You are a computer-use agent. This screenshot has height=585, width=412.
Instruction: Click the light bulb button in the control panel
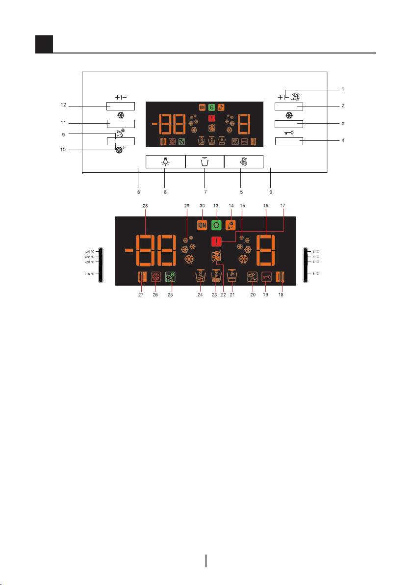point(165,162)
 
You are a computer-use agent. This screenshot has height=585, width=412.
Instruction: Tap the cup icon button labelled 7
point(205,162)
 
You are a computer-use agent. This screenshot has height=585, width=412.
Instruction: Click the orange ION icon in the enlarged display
point(202,225)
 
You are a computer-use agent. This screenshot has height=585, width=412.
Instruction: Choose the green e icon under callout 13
point(216,225)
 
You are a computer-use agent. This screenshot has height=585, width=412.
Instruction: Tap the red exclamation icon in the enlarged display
point(216,241)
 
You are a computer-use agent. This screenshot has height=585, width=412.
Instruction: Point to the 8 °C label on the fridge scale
point(316,274)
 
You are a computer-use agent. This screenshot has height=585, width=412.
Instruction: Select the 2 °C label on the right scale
point(316,251)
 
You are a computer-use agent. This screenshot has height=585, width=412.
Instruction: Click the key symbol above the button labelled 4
point(288,133)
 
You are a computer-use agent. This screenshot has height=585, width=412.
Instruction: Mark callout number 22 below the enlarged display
point(224,295)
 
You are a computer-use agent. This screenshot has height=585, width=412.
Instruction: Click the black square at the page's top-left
point(44,45)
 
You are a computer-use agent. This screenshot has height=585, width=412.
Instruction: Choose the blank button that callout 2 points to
point(288,106)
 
